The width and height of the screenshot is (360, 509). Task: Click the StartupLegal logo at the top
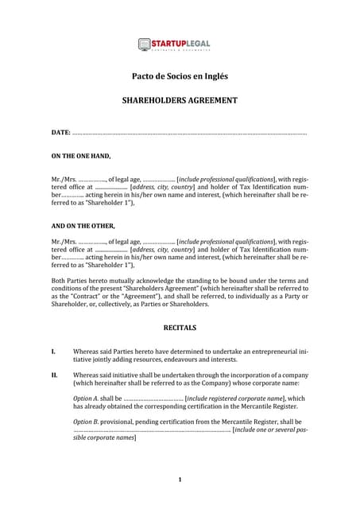pos(180,45)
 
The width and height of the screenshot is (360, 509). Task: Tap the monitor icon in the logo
pos(144,45)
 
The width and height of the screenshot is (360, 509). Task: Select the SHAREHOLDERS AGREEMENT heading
pos(179,101)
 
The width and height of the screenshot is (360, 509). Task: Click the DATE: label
pos(60,131)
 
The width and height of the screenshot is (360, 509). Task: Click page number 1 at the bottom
pos(180,480)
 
